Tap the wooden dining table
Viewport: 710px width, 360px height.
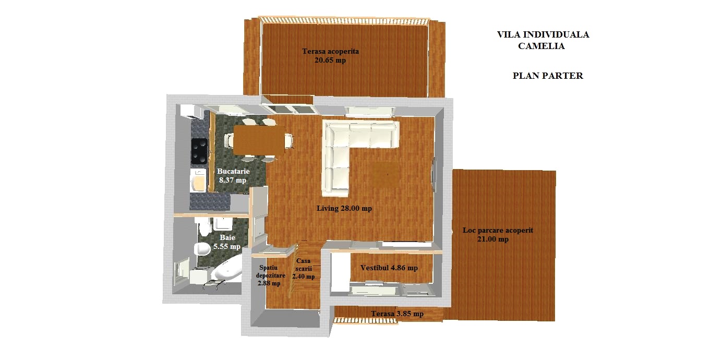(259, 140)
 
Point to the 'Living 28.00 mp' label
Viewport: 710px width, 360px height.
(344, 208)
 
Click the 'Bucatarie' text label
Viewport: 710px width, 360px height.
(233, 171)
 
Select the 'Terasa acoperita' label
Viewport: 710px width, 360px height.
(330, 51)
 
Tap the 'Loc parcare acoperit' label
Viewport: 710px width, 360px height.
(498, 230)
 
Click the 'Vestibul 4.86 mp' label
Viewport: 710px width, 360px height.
(389, 268)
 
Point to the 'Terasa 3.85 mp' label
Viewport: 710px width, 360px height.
(397, 314)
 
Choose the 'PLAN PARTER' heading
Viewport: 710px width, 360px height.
(548, 76)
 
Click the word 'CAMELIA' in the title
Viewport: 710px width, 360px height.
(541, 46)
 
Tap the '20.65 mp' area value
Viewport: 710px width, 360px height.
(330, 60)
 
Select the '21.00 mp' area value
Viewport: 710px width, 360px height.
(493, 239)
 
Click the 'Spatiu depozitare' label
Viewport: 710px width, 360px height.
(270, 272)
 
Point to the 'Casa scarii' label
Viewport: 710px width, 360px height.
(303, 265)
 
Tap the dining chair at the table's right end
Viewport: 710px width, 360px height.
(288, 140)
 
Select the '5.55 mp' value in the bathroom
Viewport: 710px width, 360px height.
(226, 247)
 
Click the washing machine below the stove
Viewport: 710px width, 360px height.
(198, 181)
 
